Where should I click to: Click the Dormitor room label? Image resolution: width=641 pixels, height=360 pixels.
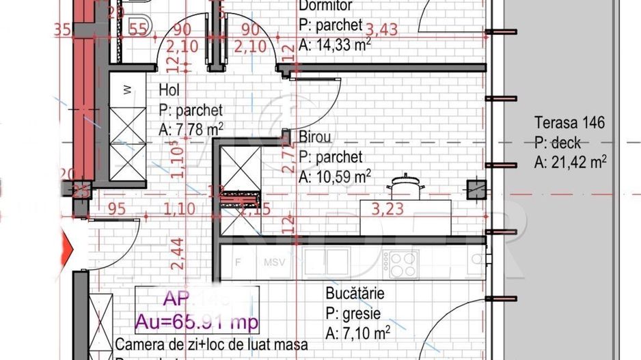(x=325, y=6)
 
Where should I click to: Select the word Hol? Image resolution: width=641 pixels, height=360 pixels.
(x=169, y=89)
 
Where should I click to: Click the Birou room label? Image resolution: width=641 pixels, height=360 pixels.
(x=315, y=137)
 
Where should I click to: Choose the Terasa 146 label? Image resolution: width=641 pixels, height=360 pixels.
(x=569, y=124)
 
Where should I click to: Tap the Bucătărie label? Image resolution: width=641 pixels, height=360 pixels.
(x=355, y=294)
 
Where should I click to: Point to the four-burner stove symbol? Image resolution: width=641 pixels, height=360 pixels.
(x=401, y=262)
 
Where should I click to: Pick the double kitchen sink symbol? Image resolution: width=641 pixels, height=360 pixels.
(x=326, y=262)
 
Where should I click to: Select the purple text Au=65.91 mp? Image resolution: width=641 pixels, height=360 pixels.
(x=196, y=322)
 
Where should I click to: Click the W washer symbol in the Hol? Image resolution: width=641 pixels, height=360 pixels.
(x=127, y=89)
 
